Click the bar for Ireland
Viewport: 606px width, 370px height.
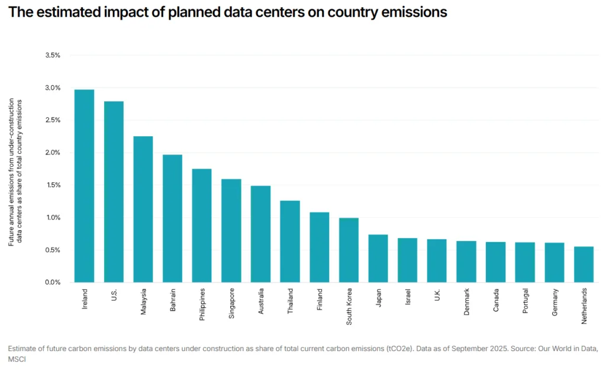[84, 186]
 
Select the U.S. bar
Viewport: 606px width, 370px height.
[114, 192]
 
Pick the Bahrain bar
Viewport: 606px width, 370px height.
[172, 218]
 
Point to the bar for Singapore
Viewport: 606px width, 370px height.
[231, 230]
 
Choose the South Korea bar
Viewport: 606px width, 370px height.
[349, 250]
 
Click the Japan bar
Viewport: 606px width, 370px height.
[378, 258]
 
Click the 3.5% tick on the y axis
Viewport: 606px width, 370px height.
[53, 55]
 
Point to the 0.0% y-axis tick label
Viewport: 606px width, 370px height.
[53, 282]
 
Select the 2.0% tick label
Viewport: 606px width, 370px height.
[53, 153]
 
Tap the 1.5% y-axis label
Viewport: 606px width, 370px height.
[53, 185]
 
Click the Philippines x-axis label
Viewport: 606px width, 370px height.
[202, 304]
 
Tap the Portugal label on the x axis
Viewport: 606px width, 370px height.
[525, 301]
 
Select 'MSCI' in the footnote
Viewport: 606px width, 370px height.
[16, 359]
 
